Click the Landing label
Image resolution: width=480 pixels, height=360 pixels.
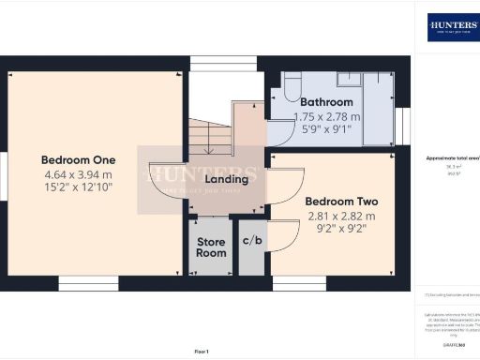(228, 179)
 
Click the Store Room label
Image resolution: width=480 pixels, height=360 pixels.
(211, 247)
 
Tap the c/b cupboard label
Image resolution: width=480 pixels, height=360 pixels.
(251, 242)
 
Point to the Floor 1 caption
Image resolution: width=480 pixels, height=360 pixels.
(202, 351)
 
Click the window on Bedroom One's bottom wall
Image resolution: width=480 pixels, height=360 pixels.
(88, 283)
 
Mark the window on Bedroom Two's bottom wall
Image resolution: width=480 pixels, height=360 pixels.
(299, 283)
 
